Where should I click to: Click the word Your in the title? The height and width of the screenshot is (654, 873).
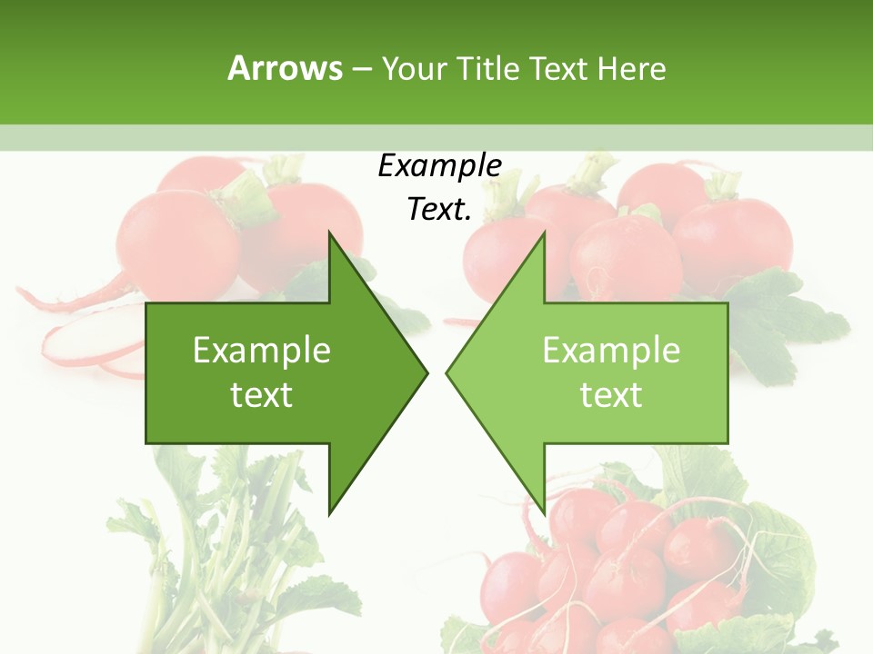coord(414,69)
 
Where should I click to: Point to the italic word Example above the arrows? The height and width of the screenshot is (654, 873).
coord(439,166)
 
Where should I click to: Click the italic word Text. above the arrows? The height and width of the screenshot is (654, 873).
coord(439,210)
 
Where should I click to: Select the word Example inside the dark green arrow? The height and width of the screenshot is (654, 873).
coord(262,351)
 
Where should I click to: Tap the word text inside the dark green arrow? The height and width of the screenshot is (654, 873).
coord(262,395)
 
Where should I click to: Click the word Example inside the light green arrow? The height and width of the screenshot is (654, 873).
coord(611,351)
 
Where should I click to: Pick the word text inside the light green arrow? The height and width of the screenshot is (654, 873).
coord(611,395)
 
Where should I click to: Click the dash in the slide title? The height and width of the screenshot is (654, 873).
coord(361,69)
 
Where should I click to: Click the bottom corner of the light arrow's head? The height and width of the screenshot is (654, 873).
coord(544,511)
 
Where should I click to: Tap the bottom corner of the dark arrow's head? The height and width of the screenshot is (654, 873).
coord(330,511)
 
